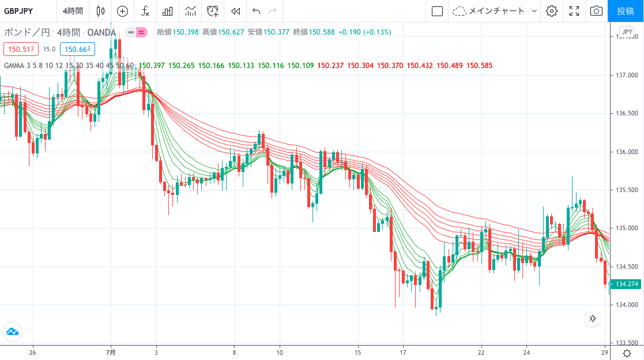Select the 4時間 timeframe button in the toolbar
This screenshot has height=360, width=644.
[x=73, y=11]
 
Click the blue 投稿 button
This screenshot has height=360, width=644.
[x=626, y=11]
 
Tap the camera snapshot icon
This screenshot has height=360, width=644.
[x=596, y=11]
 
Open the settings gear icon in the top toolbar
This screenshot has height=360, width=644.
[x=552, y=11]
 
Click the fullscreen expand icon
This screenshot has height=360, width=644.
[x=574, y=11]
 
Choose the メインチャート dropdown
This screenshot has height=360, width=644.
[x=495, y=11]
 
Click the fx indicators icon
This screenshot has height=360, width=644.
[x=145, y=11]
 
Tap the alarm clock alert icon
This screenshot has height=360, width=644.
[x=213, y=11]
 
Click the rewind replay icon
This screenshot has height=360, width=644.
[x=235, y=11]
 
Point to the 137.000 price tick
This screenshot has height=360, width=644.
[x=626, y=75]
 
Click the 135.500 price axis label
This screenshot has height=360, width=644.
[x=626, y=190]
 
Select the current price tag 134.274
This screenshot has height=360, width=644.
[x=627, y=284]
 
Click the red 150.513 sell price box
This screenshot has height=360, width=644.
[x=21, y=49]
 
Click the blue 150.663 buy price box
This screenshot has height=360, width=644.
[x=77, y=49]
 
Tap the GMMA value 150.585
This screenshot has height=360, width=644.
[x=480, y=65]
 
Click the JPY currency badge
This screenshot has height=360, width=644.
[x=627, y=32]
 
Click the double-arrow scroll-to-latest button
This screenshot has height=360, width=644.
[x=593, y=318]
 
